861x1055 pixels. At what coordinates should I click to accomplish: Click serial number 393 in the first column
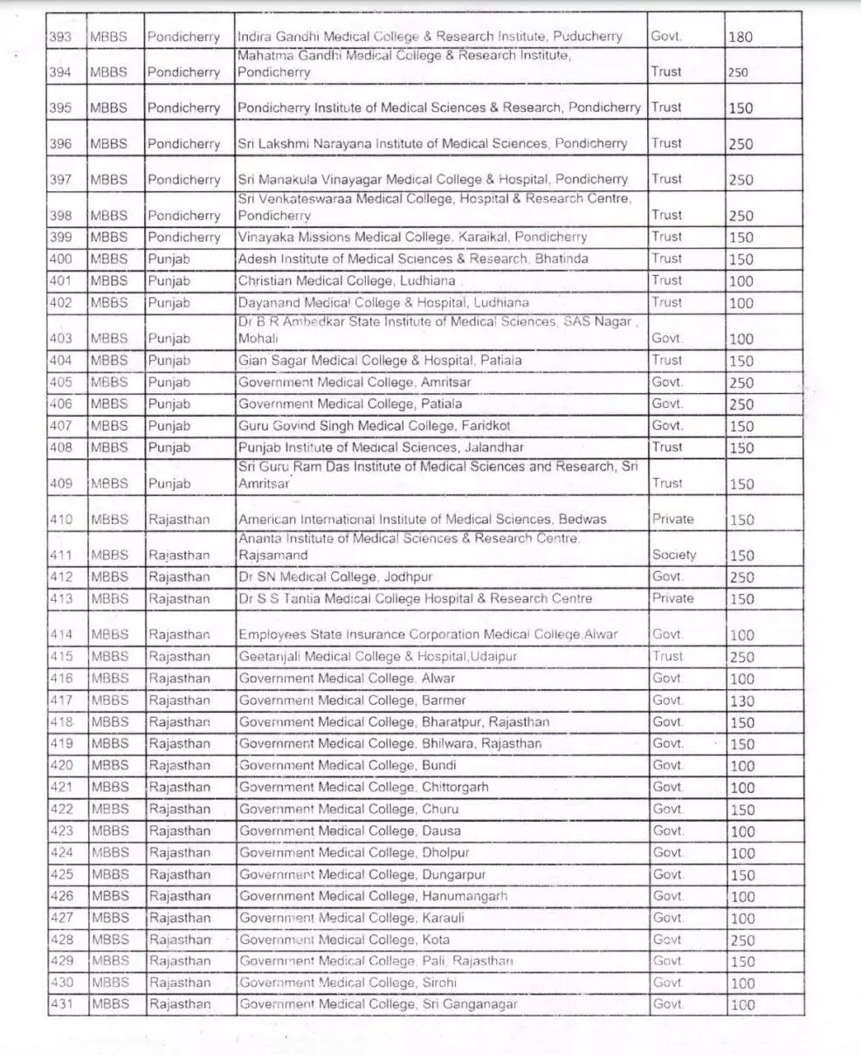(x=62, y=37)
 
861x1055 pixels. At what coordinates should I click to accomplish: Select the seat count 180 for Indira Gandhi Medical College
(x=740, y=38)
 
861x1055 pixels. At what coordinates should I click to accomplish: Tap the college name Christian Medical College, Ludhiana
(x=347, y=280)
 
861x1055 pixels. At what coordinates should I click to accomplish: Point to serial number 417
(x=62, y=700)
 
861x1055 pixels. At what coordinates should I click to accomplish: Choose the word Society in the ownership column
(x=674, y=555)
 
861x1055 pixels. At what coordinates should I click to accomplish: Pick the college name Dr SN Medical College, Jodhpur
(x=335, y=577)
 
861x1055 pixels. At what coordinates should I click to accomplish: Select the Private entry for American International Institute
(x=672, y=519)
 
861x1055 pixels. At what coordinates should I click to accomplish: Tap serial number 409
(x=62, y=483)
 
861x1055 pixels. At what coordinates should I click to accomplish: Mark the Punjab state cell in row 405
(x=169, y=383)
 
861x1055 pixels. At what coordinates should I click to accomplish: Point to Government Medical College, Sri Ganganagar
(x=378, y=1004)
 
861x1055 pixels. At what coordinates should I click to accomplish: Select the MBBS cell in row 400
(x=109, y=259)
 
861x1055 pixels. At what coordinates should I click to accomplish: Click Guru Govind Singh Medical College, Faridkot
(x=375, y=426)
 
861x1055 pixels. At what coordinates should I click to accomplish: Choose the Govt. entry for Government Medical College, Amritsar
(x=667, y=383)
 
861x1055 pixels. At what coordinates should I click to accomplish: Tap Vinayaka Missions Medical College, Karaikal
(x=412, y=238)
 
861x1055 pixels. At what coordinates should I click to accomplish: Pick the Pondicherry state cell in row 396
(x=183, y=144)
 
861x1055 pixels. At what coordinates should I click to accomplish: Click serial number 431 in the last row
(x=62, y=1004)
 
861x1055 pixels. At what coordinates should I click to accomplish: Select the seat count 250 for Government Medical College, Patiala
(x=741, y=404)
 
